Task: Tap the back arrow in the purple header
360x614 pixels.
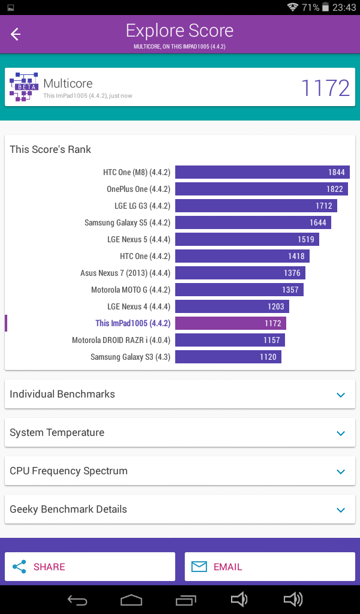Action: pyautogui.click(x=16, y=34)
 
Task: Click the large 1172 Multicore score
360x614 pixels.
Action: pyautogui.click(x=325, y=88)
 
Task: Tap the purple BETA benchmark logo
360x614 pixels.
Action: pyautogui.click(x=24, y=87)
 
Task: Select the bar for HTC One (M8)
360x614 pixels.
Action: pyautogui.click(x=262, y=172)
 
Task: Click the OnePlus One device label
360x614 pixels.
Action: pyautogui.click(x=138, y=189)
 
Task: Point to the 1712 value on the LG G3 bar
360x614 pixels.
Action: pyautogui.click(x=323, y=206)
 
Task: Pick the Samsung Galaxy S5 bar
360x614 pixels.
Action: pyautogui.click(x=253, y=222)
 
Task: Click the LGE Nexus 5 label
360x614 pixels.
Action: pyautogui.click(x=139, y=239)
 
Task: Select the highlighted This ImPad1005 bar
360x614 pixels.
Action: pyautogui.click(x=230, y=323)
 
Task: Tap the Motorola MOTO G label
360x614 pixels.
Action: pyautogui.click(x=130, y=290)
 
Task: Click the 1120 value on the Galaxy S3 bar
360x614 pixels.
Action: pyautogui.click(x=268, y=357)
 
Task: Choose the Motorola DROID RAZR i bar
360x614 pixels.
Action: pyautogui.click(x=230, y=340)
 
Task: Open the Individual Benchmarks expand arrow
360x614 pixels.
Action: pyautogui.click(x=341, y=395)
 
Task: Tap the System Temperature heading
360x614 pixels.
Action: pyautogui.click(x=57, y=432)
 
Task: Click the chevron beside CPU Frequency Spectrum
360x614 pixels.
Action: pyautogui.click(x=341, y=471)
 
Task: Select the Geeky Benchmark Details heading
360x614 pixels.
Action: pyautogui.click(x=68, y=509)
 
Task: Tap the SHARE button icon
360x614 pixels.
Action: pyautogui.click(x=19, y=567)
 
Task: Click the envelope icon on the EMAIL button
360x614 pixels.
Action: pyautogui.click(x=199, y=567)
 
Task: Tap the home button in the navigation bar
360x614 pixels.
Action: pyautogui.click(x=131, y=600)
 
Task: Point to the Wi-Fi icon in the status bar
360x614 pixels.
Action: pyautogui.click(x=292, y=7)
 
